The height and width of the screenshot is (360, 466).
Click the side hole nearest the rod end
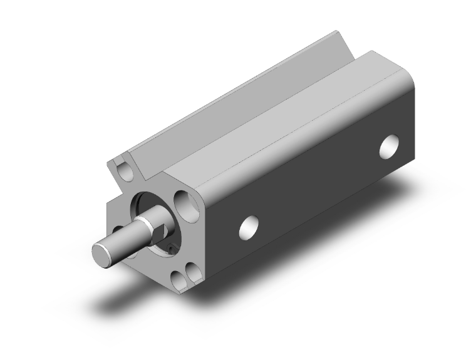[249, 227]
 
